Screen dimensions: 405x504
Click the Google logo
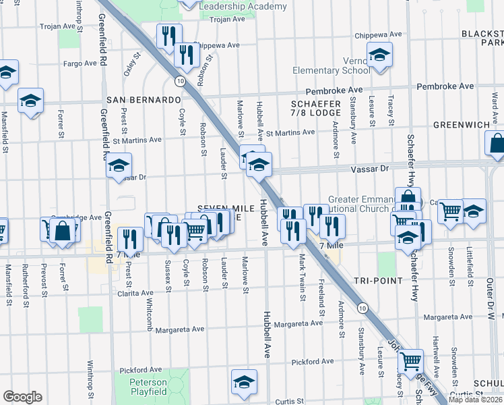pyautogui.click(x=22, y=397)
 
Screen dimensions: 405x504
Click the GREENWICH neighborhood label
pyautogui.click(x=461, y=125)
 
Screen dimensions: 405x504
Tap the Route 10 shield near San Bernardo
pyautogui.click(x=179, y=81)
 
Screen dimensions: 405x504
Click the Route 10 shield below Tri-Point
pyautogui.click(x=363, y=308)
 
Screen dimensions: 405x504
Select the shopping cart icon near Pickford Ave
pyautogui.click(x=410, y=360)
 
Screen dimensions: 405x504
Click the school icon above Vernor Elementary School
pyautogui.click(x=379, y=55)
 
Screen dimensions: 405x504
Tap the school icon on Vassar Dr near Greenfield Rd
pyautogui.click(x=119, y=165)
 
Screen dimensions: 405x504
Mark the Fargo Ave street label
pyautogui.click(x=81, y=63)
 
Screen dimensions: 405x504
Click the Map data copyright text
pyautogui.click(x=475, y=399)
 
